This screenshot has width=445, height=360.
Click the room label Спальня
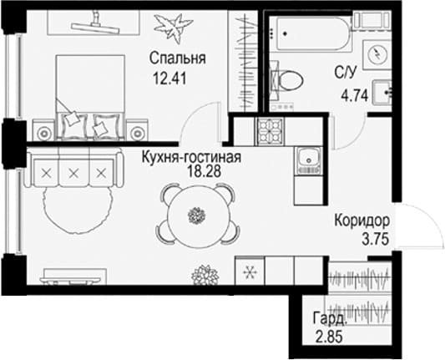[x=177, y=58]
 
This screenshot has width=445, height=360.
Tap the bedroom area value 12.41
[x=169, y=78]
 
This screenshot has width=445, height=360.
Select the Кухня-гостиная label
[x=191, y=157]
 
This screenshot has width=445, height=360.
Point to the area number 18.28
[x=204, y=171]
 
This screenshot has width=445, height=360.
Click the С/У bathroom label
[x=345, y=74]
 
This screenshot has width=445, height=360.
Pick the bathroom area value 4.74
[x=355, y=96]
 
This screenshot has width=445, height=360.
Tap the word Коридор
[x=362, y=221]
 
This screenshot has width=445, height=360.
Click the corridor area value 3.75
[x=375, y=240]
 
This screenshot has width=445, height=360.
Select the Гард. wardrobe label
[x=330, y=318]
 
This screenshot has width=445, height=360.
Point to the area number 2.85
[x=329, y=337]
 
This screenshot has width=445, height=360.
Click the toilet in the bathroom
[x=286, y=80]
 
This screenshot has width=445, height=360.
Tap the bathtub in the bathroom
[x=310, y=34]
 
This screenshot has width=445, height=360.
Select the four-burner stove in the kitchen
[x=271, y=131]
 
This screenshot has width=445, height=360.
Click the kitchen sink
[x=308, y=160]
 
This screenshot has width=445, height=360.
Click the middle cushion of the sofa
[x=73, y=172]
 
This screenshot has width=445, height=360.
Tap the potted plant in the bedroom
[x=173, y=28]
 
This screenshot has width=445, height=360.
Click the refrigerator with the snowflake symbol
[x=250, y=271]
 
